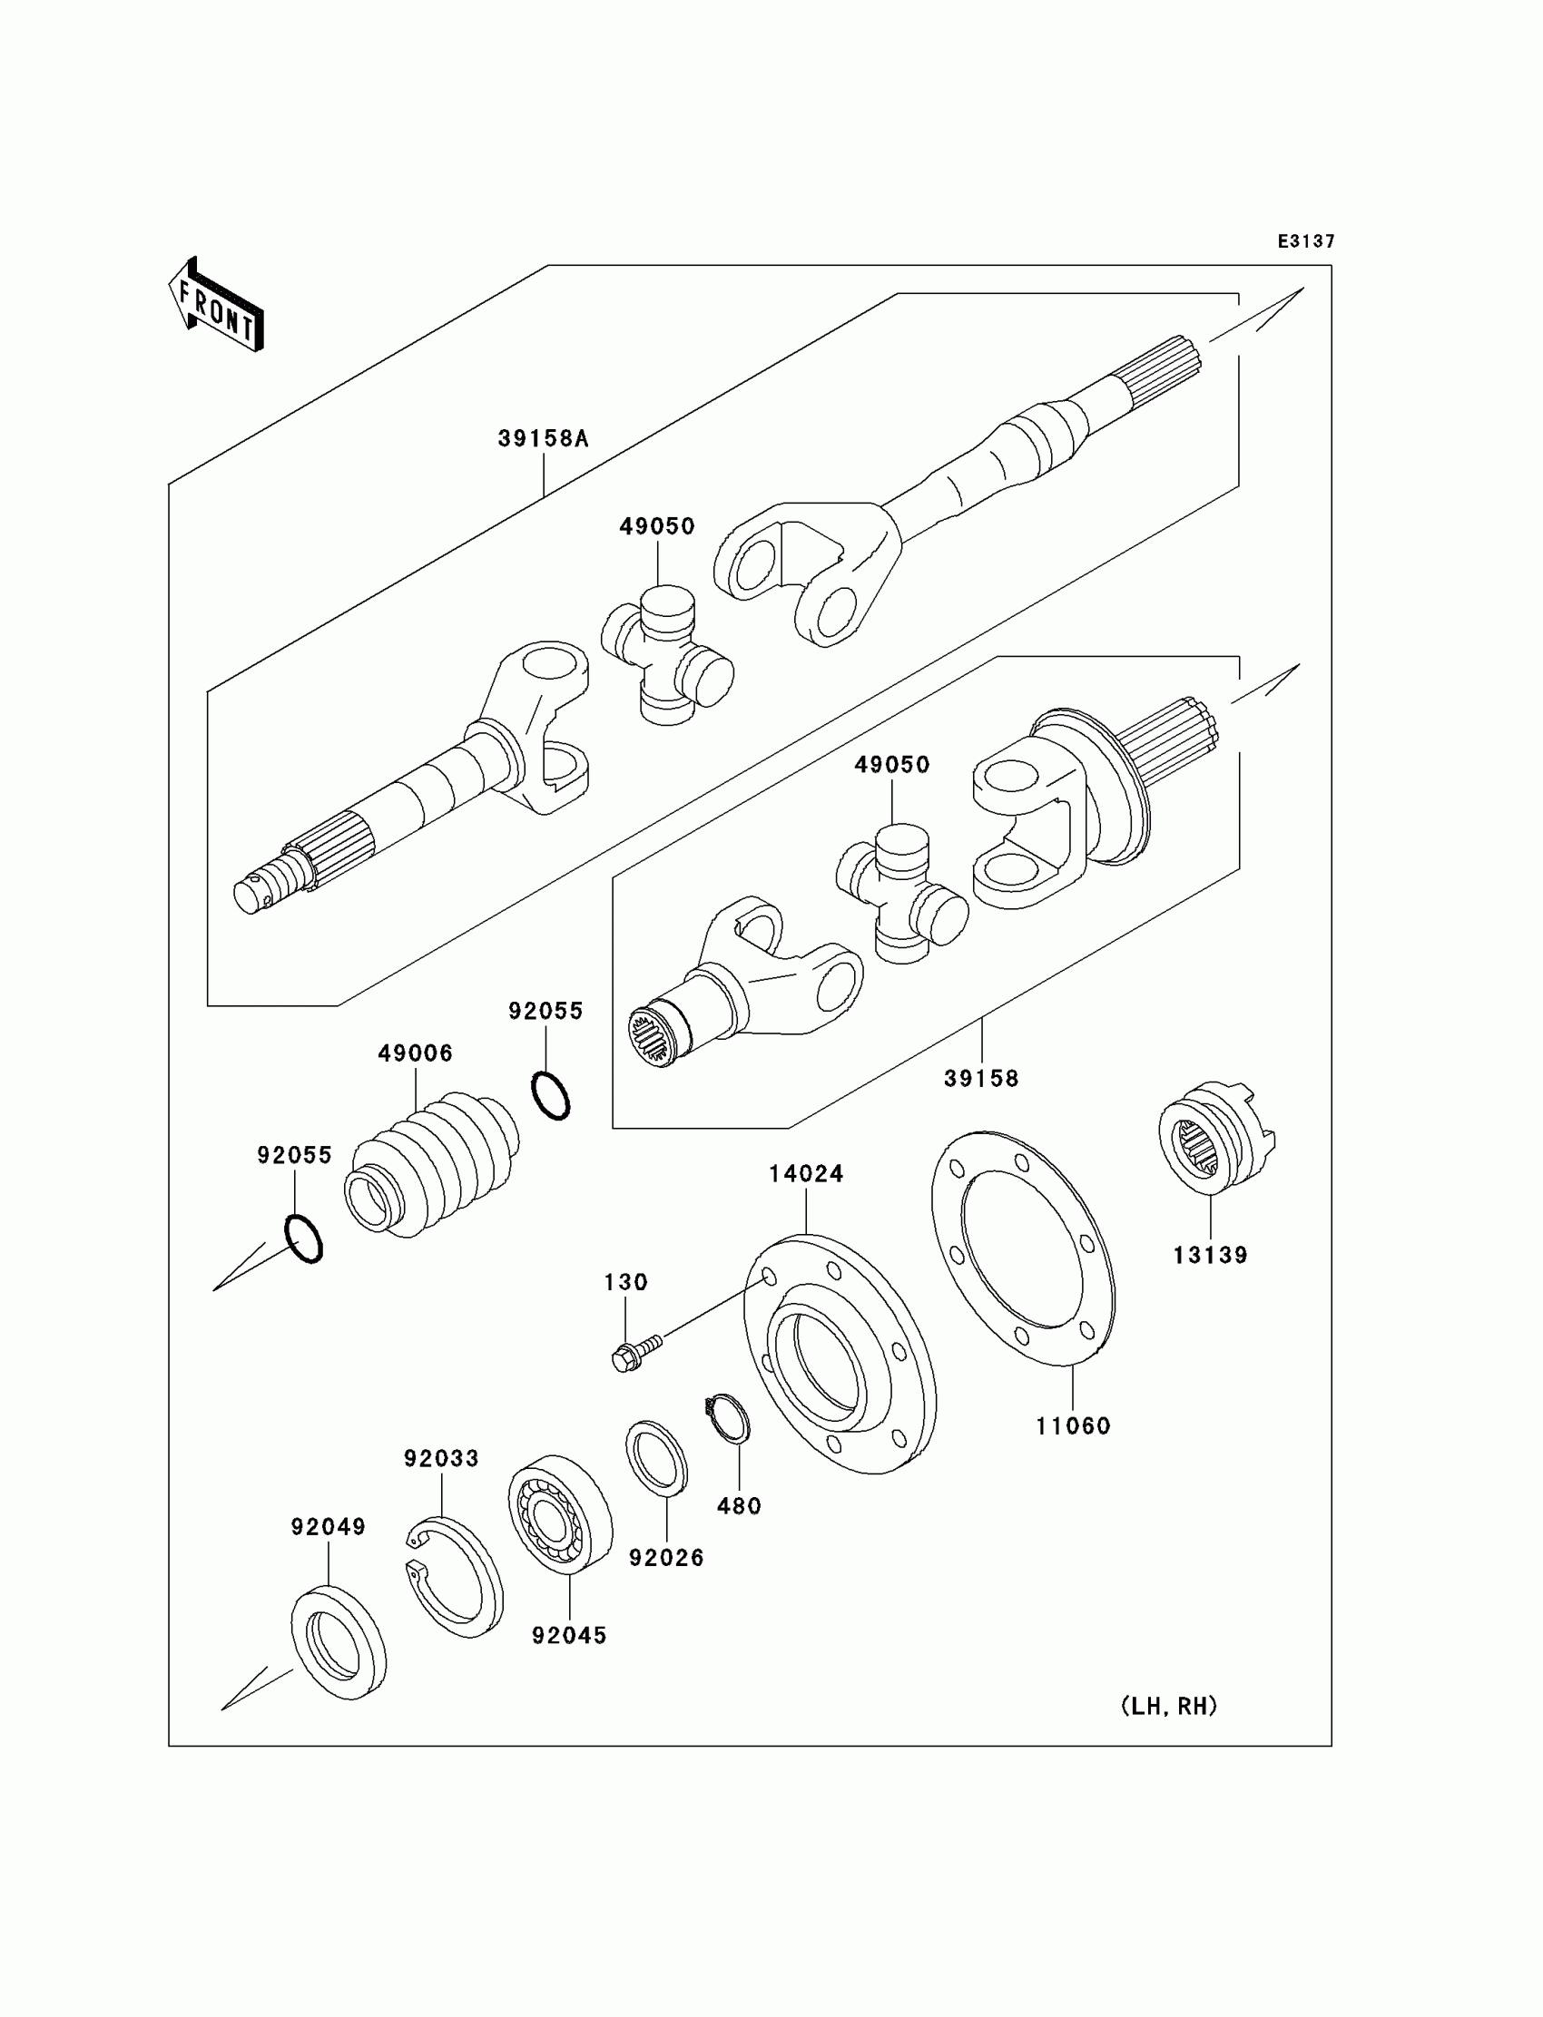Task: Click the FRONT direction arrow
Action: coord(217,306)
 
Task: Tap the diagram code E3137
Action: coord(1305,241)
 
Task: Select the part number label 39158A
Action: coord(543,439)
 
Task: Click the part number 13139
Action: coord(1210,1255)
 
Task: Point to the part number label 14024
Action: coord(805,1173)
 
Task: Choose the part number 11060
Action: coord(1073,1425)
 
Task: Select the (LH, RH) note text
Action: coord(1168,1706)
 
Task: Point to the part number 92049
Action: coord(328,1527)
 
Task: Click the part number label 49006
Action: coord(415,1053)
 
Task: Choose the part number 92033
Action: coord(441,1458)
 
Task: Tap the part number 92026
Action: coord(666,1558)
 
